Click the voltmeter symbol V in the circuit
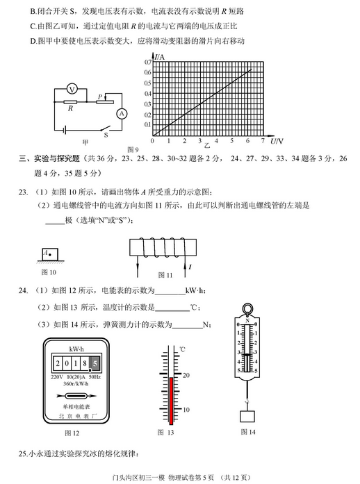[71, 90]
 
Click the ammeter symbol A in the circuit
[120, 113]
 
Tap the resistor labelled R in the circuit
[70, 101]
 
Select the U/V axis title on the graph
[276, 141]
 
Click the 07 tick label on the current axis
[147, 62]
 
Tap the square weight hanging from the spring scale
[247, 417]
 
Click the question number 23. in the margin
[23, 192]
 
